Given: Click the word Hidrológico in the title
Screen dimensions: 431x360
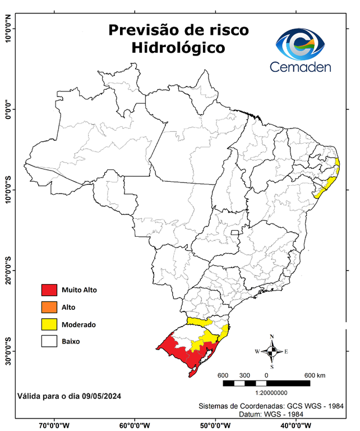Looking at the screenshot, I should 178,48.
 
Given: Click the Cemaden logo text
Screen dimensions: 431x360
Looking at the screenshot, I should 301,67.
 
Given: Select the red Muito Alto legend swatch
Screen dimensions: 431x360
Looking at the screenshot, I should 49,290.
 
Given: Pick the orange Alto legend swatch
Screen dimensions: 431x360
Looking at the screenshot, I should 49,307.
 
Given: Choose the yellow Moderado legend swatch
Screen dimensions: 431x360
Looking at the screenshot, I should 49,324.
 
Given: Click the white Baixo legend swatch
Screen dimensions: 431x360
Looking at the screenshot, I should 49,341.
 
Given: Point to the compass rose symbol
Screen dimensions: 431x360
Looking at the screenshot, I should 271,351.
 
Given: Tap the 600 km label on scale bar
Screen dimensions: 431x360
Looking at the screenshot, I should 315,375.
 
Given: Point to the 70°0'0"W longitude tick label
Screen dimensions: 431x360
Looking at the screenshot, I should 54,425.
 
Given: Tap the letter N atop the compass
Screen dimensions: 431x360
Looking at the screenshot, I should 272,337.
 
